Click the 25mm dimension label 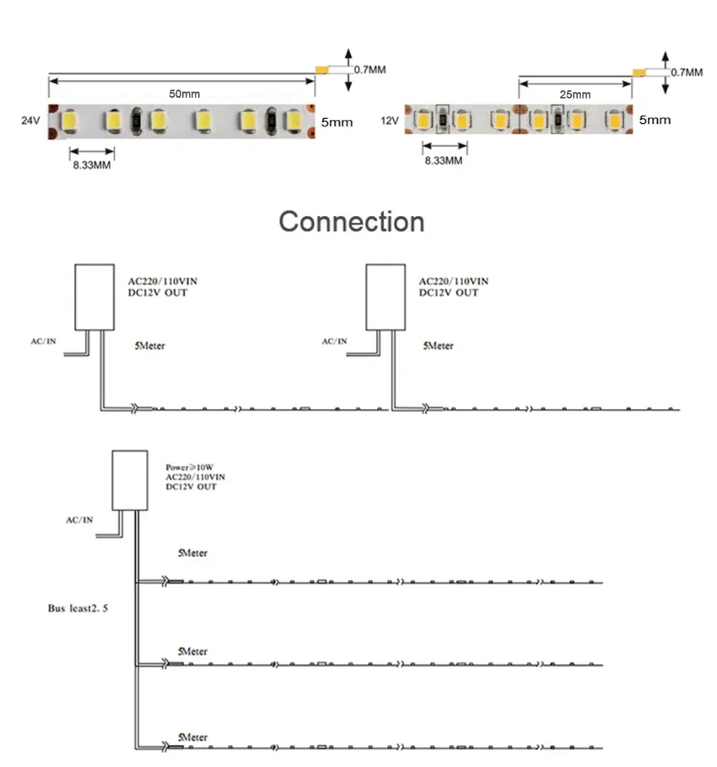pyautogui.click(x=575, y=94)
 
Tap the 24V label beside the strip pyautogui.click(x=30, y=122)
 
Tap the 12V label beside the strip pyautogui.click(x=389, y=121)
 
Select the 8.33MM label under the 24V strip pyautogui.click(x=91, y=165)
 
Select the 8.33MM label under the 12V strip pyautogui.click(x=443, y=160)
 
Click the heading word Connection pyautogui.click(x=352, y=222)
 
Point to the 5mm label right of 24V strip pyautogui.click(x=337, y=122)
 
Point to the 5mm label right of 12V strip pyautogui.click(x=655, y=120)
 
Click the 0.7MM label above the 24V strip pyautogui.click(x=369, y=70)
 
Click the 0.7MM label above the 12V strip pyautogui.click(x=686, y=73)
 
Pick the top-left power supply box pyautogui.click(x=94, y=296)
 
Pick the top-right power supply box pyautogui.click(x=386, y=296)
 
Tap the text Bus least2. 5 pyautogui.click(x=78, y=607)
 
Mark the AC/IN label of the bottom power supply pyautogui.click(x=79, y=520)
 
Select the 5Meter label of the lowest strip pyautogui.click(x=192, y=737)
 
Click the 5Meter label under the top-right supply pyautogui.click(x=438, y=346)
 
